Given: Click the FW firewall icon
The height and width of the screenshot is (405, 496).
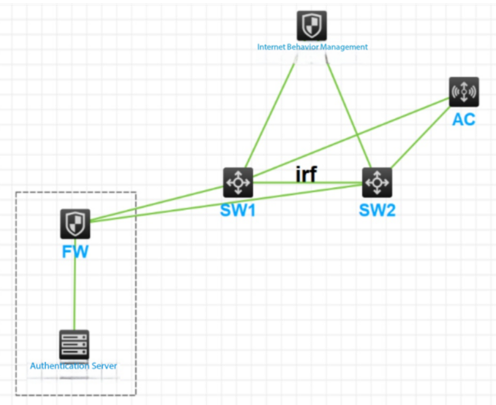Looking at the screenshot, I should coord(74,225).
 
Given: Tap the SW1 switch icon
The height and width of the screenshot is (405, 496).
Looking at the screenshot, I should coord(237,182).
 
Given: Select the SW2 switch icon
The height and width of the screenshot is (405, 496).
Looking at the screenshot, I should coord(377,182).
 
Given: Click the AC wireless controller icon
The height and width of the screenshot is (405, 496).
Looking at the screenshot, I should coord(464,92).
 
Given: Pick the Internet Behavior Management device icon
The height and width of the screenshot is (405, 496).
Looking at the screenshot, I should coord(312,25).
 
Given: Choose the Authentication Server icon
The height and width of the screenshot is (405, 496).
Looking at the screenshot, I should coord(74,345).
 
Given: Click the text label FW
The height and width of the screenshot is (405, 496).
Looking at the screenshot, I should coord(74,251).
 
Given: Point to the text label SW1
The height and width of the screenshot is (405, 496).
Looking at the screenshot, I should coord(238,210).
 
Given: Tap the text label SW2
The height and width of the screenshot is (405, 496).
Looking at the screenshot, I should coord(377,210).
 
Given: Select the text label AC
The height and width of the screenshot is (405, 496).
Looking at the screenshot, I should coord(464,120).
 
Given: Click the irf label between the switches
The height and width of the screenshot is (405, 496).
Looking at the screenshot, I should coord(306,174).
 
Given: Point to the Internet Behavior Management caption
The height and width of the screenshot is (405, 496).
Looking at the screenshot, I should coord(312,47).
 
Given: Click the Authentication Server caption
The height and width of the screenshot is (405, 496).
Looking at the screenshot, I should coord(74,365).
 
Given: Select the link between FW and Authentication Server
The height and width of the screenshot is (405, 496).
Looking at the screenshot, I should coord(74,285).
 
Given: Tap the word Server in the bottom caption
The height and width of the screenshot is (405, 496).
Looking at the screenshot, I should coord(104,365).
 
